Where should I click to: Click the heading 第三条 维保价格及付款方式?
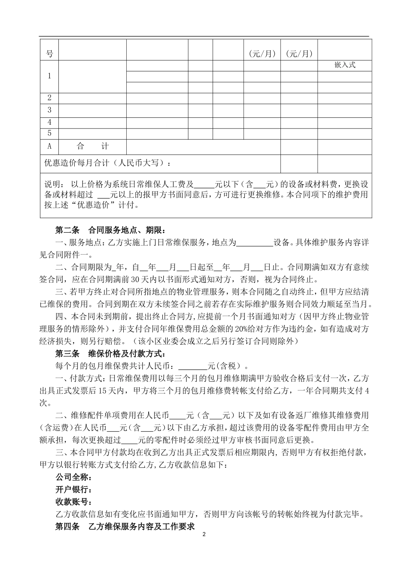[110, 354]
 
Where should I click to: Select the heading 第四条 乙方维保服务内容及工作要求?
[125, 526]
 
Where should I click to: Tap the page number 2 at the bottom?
[204, 535]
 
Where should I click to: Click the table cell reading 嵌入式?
[344, 65]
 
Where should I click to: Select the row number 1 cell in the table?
[49, 76]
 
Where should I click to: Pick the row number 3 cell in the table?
[49, 110]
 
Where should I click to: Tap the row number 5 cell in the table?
[49, 133]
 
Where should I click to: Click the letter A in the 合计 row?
[49, 146]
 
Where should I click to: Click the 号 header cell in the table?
[49, 54]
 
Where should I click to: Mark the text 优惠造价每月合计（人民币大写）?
[110, 163]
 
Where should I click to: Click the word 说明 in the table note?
[54, 184]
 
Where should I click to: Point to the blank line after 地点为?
[255, 243]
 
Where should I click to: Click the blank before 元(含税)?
[192, 367]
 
